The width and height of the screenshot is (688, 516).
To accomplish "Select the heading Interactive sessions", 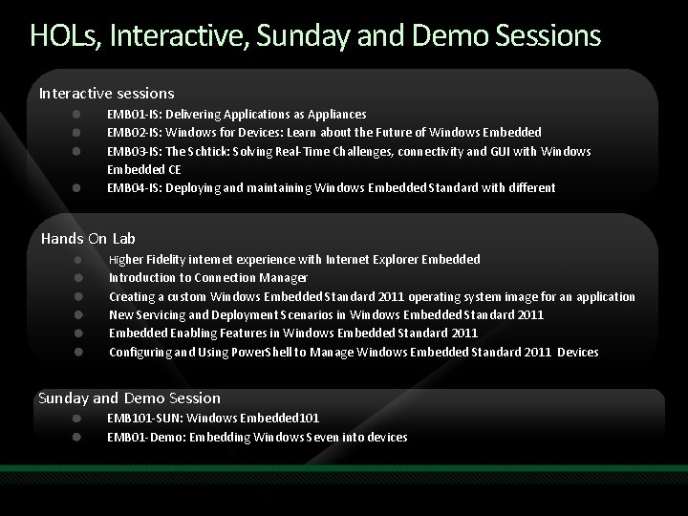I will (x=106, y=93).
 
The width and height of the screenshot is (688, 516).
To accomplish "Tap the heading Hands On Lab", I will (x=89, y=238).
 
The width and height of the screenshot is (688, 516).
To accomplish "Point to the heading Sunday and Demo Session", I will (x=129, y=398).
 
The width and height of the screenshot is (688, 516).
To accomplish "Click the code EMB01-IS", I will (x=133, y=114).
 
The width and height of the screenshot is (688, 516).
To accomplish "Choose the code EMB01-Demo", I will (x=142, y=437).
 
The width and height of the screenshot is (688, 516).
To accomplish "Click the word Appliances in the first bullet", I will (x=335, y=114).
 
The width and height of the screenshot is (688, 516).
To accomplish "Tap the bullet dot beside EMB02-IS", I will (x=76, y=132).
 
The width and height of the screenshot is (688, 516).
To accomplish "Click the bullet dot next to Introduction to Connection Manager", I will (x=76, y=278).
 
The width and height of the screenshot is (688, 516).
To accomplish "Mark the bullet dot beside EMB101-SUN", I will (x=76, y=418).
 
